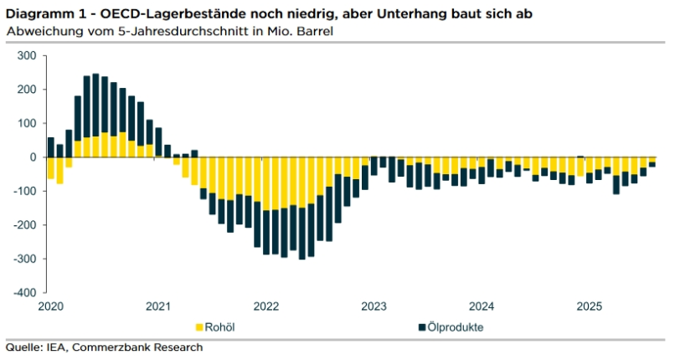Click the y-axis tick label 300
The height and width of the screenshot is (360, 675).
pyautogui.click(x=28, y=56)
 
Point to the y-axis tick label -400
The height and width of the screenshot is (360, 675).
pyautogui.click(x=26, y=292)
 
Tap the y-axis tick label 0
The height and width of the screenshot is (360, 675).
pyautogui.click(x=33, y=157)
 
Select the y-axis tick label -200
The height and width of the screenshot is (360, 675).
pyautogui.click(x=26, y=225)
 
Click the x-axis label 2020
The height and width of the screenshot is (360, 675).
pyautogui.click(x=51, y=306)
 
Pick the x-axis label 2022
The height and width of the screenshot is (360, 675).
pyautogui.click(x=265, y=306)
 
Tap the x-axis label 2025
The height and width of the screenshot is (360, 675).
pyautogui.click(x=588, y=306)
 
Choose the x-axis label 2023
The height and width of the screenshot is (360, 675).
pyautogui.click(x=373, y=306)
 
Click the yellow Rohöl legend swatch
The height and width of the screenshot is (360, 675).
pyautogui.click(x=199, y=327)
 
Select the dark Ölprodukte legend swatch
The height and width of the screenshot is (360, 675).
pyautogui.click(x=420, y=327)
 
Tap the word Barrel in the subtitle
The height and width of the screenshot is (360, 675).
pyautogui.click(x=317, y=31)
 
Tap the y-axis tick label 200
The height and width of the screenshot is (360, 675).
pyautogui.click(x=28, y=90)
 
